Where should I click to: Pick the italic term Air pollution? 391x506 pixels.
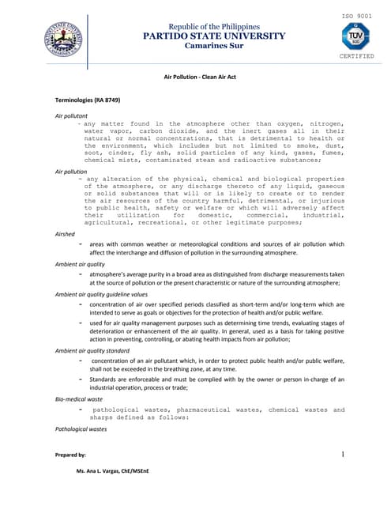click(x=71, y=171)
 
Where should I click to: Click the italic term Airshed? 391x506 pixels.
click(x=65, y=234)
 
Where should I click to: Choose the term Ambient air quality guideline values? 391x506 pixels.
click(x=101, y=294)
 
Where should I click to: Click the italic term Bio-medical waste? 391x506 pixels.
click(x=79, y=399)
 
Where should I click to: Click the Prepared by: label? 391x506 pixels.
click(x=70, y=455)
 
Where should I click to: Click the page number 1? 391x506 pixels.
click(x=344, y=455)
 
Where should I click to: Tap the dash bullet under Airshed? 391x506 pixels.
click(x=81, y=244)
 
